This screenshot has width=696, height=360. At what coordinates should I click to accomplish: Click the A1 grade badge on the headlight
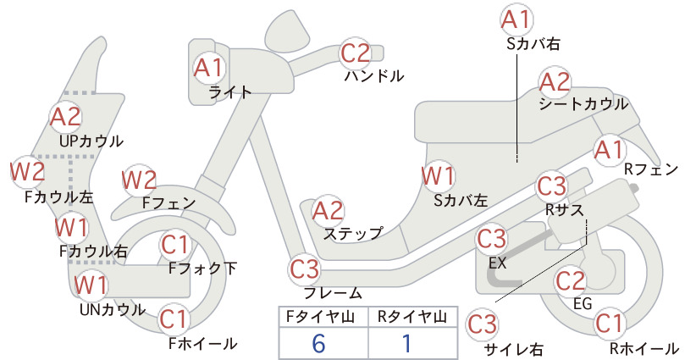pyautogui.click(x=208, y=68)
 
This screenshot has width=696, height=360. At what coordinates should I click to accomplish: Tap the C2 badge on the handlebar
pyautogui.click(x=356, y=53)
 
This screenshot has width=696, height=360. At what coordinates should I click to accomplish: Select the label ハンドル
pyautogui.click(x=374, y=76)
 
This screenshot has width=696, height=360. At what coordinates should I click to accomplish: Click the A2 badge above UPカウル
pyautogui.click(x=66, y=116)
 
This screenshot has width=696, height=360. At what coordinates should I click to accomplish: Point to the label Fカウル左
pyautogui.click(x=59, y=197)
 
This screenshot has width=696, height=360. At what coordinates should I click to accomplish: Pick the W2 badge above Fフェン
pyautogui.click(x=140, y=180)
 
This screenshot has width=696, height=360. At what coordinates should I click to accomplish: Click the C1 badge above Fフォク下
pyautogui.click(x=175, y=245)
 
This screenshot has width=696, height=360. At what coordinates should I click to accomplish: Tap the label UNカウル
pyautogui.click(x=113, y=309)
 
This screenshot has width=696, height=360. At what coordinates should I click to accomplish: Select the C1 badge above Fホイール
pyautogui.click(x=174, y=319)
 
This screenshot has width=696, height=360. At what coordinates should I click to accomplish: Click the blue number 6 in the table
pyautogui.click(x=318, y=344)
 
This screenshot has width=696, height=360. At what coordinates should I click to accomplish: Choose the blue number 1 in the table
pyautogui.click(x=406, y=344)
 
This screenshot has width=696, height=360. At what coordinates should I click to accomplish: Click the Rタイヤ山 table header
pyautogui.click(x=412, y=317)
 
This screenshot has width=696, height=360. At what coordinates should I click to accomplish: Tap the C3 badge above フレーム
pyautogui.click(x=305, y=269)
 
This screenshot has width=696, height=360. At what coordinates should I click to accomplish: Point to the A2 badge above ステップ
pyautogui.click(x=329, y=211)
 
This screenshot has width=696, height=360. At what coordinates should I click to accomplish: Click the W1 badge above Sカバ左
pyautogui.click(x=438, y=176)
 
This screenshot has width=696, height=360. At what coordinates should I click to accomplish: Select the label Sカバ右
pyautogui.click(x=533, y=43)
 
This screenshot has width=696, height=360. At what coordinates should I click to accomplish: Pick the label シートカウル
pyautogui.click(x=583, y=104)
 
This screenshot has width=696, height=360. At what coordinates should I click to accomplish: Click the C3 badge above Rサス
pyautogui.click(x=552, y=186)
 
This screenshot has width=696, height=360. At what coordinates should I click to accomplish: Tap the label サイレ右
pyautogui.click(x=514, y=349)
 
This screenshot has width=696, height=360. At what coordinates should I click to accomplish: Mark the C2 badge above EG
pyautogui.click(x=571, y=280)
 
